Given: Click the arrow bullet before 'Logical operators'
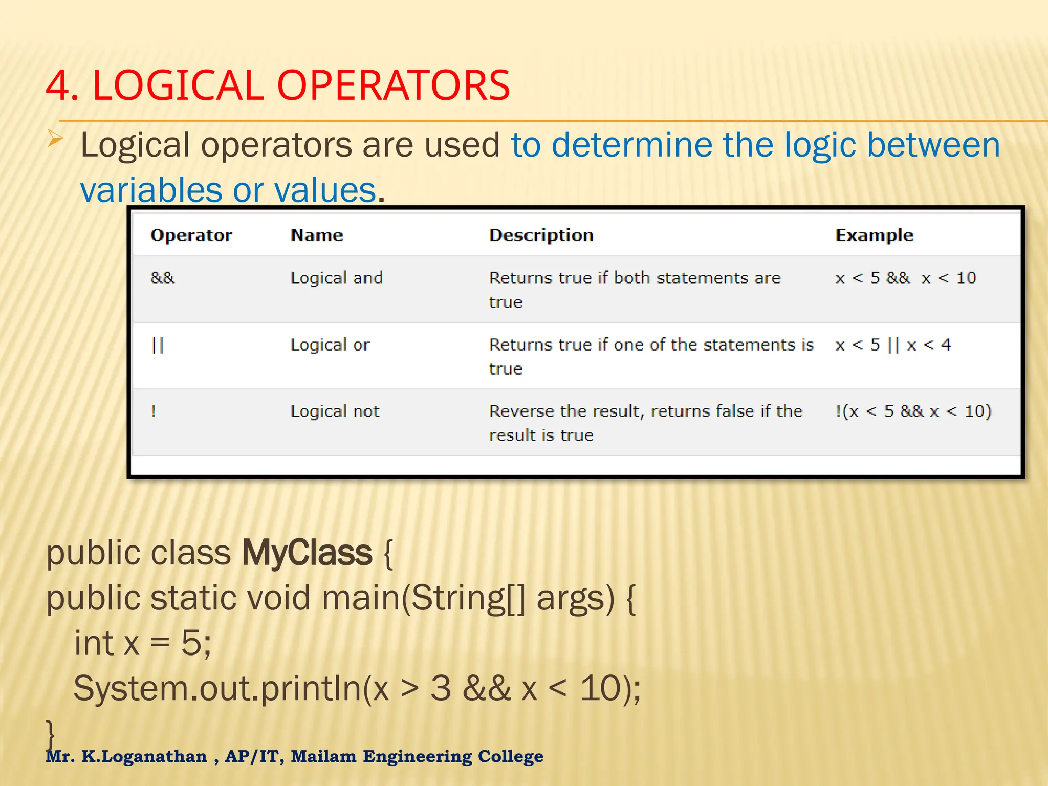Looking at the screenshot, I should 55,139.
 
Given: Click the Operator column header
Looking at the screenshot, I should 191,235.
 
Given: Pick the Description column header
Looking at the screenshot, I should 541,235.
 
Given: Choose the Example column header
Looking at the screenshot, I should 874,235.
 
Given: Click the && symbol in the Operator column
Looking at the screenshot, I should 163,278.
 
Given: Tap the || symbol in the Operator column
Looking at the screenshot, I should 158,345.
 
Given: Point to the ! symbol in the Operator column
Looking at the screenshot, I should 154,411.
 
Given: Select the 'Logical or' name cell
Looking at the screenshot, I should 330,345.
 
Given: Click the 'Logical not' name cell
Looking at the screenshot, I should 335,411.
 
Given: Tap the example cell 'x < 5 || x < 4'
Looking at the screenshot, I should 892,345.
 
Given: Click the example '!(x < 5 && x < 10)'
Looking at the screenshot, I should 913,411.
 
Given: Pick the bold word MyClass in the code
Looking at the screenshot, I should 307,553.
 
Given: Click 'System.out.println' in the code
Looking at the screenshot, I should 217,689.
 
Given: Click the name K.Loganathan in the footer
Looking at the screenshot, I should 144,756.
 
